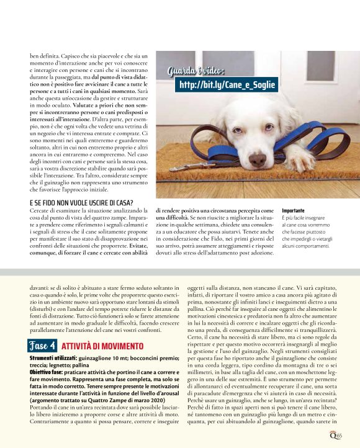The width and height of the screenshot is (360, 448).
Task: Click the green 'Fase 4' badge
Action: [43, 344]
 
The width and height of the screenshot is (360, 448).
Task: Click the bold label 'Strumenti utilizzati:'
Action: [52, 358]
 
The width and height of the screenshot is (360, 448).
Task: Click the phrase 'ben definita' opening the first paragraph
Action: [44, 56]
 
